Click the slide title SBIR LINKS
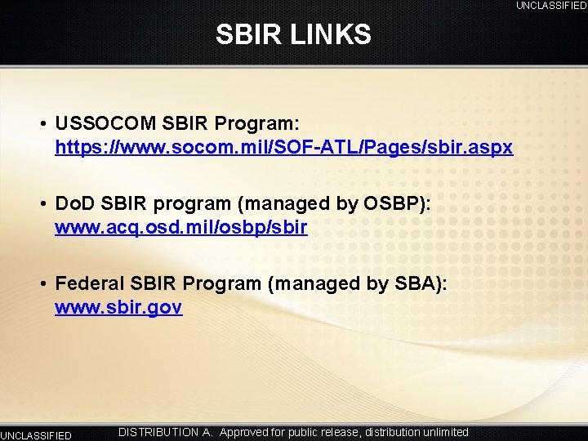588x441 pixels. coord(293,34)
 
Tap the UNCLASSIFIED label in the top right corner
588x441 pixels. coord(550,6)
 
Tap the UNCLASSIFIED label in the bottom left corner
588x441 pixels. coord(36,435)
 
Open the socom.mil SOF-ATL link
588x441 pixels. coord(283,148)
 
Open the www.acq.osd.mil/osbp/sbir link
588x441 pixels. coord(180,228)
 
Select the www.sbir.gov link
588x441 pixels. coord(118,308)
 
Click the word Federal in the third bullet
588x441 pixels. coord(88,284)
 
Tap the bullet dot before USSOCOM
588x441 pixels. coord(41,124)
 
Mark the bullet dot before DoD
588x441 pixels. coord(41,204)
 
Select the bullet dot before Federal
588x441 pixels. coord(41,284)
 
